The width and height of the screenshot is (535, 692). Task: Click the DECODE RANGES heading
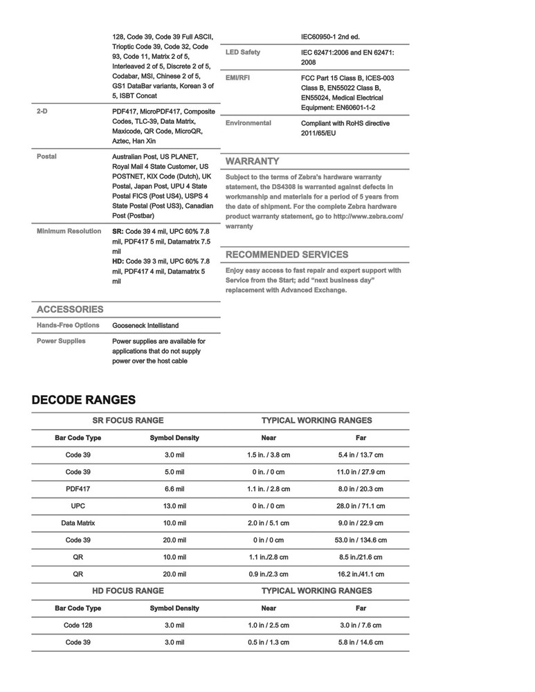coord(83,400)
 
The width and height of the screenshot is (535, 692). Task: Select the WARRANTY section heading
coord(253,161)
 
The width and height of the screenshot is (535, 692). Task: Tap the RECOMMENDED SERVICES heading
coord(287,254)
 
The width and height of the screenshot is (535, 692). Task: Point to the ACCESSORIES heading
coord(69,309)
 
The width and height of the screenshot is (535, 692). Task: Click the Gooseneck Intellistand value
coord(149,325)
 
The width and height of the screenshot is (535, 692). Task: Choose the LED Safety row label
coord(243,53)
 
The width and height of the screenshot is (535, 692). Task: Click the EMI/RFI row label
coord(238,78)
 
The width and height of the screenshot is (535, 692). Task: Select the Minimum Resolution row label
coord(69,231)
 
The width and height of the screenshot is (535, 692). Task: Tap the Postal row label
coord(46,156)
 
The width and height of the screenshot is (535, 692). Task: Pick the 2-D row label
coord(42,111)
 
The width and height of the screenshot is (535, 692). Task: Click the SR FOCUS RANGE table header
coord(128,420)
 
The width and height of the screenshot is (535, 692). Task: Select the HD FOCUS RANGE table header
coord(128,590)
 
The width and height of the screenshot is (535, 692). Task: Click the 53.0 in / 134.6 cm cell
coord(361,540)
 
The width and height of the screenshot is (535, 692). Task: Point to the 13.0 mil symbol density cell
coord(174,506)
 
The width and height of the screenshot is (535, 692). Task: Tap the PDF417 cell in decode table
coord(78,489)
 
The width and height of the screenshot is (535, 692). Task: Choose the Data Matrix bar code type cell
coord(78,522)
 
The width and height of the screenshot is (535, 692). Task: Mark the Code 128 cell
coord(78,625)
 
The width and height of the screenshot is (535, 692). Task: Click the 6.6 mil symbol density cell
coord(174,489)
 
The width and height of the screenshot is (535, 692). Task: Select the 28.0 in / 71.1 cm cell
coord(361,506)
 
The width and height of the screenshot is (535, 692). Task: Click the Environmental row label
coord(248,123)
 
